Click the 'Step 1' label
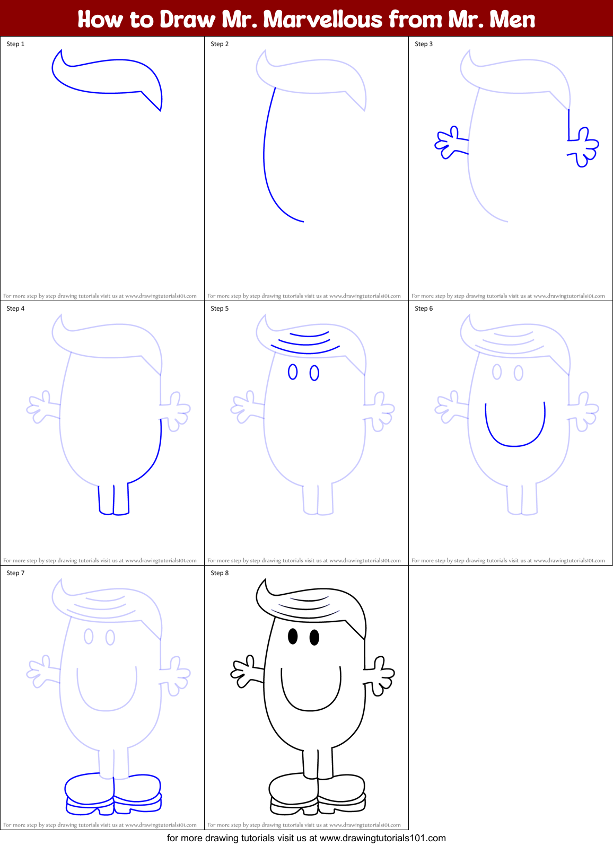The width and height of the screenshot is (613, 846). coord(15,44)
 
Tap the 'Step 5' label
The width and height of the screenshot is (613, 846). coord(220,309)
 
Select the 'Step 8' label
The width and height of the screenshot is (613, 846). coord(220,573)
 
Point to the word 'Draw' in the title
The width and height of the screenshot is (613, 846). coord(188,20)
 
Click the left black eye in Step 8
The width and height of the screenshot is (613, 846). coord(293,636)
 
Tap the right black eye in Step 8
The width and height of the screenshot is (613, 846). coord(314,637)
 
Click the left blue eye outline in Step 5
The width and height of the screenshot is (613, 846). coord(293,372)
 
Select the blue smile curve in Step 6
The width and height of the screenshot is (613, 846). coord(515,444)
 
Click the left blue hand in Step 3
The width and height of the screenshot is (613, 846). coord(449,142)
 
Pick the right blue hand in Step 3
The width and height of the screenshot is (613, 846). coord(585,147)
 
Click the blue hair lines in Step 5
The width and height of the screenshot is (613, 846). coord(305,343)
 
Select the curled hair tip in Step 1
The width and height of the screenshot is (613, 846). coord(60,58)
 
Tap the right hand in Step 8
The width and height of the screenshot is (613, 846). coord(381,675)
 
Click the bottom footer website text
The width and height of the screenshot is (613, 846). coord(306,838)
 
